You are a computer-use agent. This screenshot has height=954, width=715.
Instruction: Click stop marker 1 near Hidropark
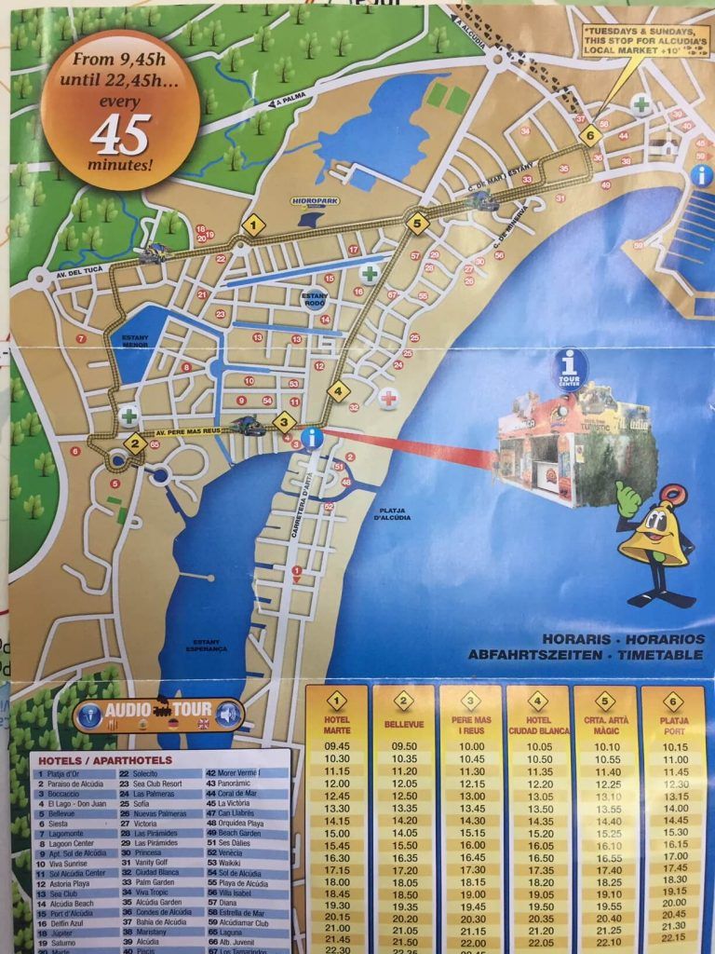[253, 225]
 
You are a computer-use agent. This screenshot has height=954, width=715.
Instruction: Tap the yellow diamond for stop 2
[135, 443]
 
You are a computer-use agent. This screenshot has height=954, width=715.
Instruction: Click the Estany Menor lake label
[136, 341]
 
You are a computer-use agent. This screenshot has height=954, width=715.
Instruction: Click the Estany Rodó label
[315, 298]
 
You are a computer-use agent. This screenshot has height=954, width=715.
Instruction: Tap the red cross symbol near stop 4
[388, 399]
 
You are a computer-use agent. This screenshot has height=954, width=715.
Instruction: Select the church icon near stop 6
[667, 144]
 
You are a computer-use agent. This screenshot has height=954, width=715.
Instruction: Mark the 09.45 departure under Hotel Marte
[337, 745]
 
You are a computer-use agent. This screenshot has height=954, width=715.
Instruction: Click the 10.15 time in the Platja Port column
[675, 746]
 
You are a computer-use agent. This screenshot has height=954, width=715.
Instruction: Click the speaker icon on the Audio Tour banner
[227, 715]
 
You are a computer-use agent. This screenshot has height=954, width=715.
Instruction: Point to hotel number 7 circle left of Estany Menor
[81, 338]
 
